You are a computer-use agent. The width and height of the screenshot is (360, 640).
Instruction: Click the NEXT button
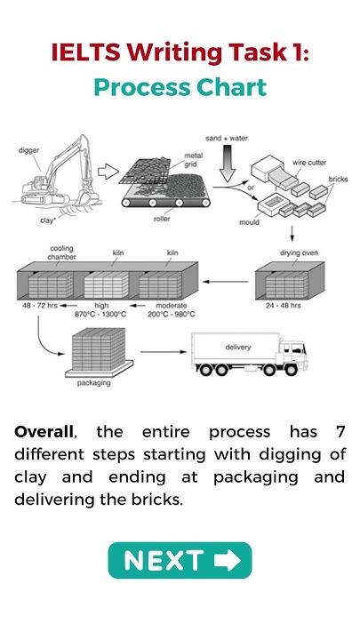click(x=180, y=560)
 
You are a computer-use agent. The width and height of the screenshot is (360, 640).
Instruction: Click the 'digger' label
click(x=29, y=151)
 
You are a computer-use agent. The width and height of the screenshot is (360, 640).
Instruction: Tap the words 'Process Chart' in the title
click(x=180, y=87)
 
